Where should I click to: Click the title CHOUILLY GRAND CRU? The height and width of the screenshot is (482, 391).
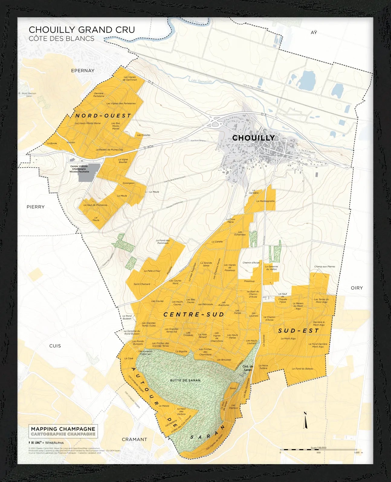coord(82,30)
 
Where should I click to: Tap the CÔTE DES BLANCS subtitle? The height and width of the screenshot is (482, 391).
coord(61,39)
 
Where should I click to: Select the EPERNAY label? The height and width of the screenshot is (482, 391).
coord(82,71)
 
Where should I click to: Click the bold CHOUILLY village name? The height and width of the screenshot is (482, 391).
coord(253,138)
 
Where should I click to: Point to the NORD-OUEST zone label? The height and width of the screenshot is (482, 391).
coord(103,116)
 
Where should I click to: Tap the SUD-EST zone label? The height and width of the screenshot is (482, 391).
coord(298,331)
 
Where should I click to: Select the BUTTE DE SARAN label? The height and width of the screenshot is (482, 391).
coord(185,380)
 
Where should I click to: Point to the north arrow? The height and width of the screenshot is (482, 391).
coord(305,420)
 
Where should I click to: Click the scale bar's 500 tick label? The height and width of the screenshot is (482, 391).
coord(318,453)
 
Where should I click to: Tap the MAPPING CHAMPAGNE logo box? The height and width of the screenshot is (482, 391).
coord(63,431)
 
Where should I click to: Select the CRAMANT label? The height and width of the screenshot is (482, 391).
coord(134,439)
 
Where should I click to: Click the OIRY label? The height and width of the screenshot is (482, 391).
coord(357,288)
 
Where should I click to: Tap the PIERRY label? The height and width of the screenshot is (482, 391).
coord(35,207)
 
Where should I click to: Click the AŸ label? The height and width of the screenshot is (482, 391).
coord(314,32)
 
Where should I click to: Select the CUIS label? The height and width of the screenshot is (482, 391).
coord(55,346)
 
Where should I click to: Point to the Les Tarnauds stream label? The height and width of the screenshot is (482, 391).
coord(202,81)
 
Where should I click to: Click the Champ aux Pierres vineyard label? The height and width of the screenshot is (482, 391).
coord(324,267)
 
